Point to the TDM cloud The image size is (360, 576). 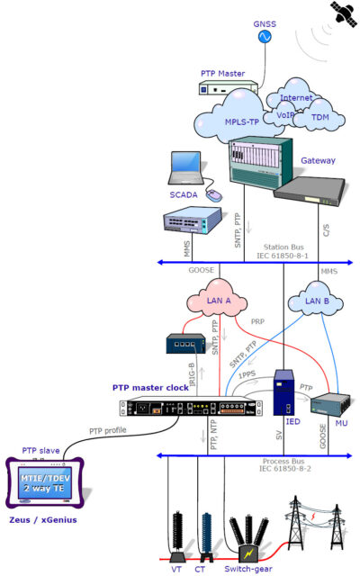pos(321,117)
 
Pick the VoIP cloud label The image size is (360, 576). pos(285,115)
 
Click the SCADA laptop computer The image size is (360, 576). pos(187,173)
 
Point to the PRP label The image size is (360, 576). pos(257,320)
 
